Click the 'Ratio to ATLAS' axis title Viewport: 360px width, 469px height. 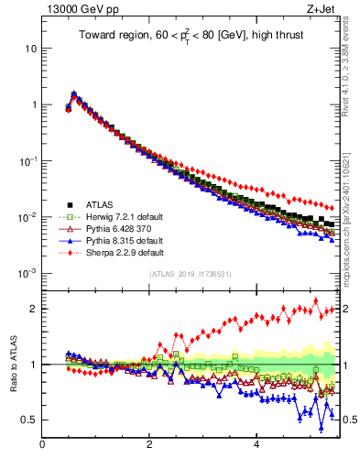(x=12, y=364)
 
